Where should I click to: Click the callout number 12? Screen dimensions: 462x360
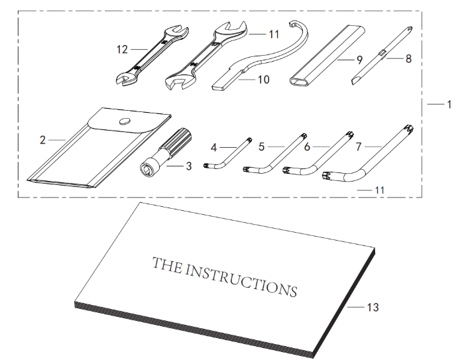pos(122,49)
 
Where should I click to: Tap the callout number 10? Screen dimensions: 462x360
pos(263,80)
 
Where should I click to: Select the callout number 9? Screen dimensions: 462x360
pos(359,60)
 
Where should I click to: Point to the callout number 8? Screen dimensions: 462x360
pos(408,58)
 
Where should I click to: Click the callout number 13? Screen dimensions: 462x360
pos(373,307)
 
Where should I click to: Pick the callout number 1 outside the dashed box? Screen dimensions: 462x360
pos(449,104)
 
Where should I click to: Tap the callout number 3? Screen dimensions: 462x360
pos(188,166)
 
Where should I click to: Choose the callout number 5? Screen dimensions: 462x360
pos(262,147)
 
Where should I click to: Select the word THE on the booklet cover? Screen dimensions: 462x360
pos(167,265)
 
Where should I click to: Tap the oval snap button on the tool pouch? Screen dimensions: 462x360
pos(125,121)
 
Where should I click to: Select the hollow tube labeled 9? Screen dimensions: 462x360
pos(327,56)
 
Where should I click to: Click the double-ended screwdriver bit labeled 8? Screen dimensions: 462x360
pos(382,55)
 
